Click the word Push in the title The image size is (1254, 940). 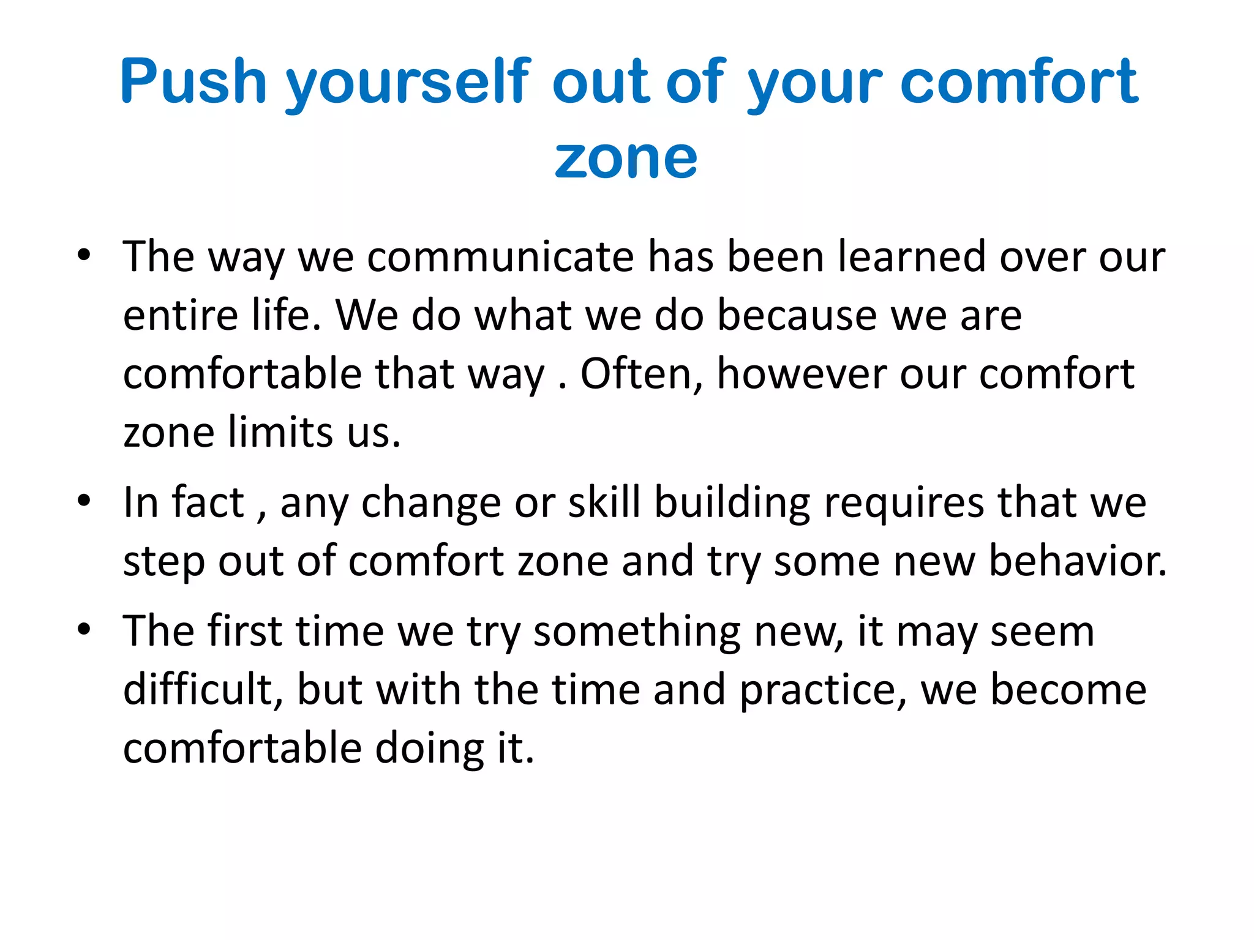click(193, 81)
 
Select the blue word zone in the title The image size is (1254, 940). click(626, 158)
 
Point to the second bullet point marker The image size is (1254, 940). click(84, 501)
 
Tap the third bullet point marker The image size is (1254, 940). click(84, 629)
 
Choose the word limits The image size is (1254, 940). click(280, 432)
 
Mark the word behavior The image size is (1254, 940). click(1078, 561)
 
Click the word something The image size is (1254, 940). click(637, 632)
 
